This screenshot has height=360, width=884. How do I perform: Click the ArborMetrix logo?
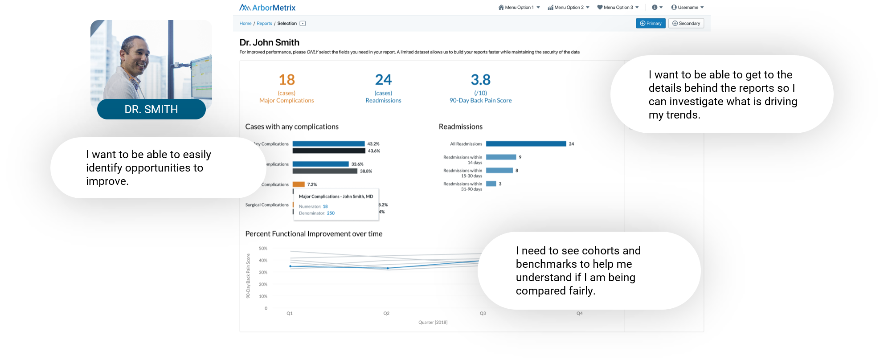pyautogui.click(x=267, y=8)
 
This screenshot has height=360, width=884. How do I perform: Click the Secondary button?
pyautogui.click(x=686, y=23)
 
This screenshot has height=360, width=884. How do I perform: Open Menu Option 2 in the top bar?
pyautogui.click(x=568, y=8)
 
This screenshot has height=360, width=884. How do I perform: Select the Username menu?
pyautogui.click(x=687, y=8)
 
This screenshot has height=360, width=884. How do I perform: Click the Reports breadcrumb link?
pyautogui.click(x=264, y=24)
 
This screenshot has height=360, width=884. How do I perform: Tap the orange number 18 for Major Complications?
pyautogui.click(x=286, y=80)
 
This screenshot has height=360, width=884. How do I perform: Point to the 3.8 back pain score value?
pyautogui.click(x=480, y=80)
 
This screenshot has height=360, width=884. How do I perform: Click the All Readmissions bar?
pyautogui.click(x=526, y=144)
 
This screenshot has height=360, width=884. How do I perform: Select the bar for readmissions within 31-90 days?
pyautogui.click(x=491, y=184)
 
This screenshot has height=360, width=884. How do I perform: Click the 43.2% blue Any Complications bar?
pyautogui.click(x=328, y=144)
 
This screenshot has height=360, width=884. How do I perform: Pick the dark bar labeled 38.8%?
pyautogui.click(x=325, y=171)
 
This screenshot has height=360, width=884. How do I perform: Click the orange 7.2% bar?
pyautogui.click(x=299, y=184)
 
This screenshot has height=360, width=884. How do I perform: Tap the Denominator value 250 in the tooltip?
pyautogui.click(x=331, y=213)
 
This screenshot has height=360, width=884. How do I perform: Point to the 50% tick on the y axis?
pyautogui.click(x=263, y=249)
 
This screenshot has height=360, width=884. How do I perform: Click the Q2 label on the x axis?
pyautogui.click(x=386, y=314)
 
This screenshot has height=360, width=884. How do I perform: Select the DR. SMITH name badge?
pyautogui.click(x=151, y=110)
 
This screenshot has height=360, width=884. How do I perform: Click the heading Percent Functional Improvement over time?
pyautogui.click(x=314, y=234)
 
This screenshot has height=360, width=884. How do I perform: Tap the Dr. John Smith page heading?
pyautogui.click(x=269, y=43)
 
